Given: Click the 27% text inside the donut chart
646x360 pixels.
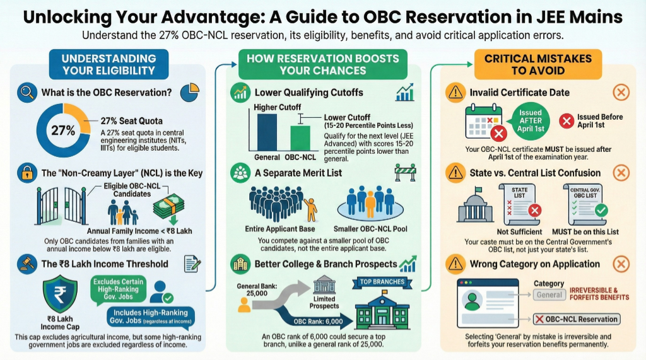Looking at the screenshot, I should (63, 132).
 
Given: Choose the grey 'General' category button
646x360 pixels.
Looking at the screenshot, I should (549, 295).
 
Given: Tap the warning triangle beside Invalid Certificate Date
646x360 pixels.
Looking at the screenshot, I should (454, 93).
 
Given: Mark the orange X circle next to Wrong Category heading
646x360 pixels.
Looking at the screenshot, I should (621, 264).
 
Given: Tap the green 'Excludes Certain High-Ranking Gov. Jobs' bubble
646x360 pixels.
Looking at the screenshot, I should (118, 289).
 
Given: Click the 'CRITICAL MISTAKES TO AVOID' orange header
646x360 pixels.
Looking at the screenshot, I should (538, 64).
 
